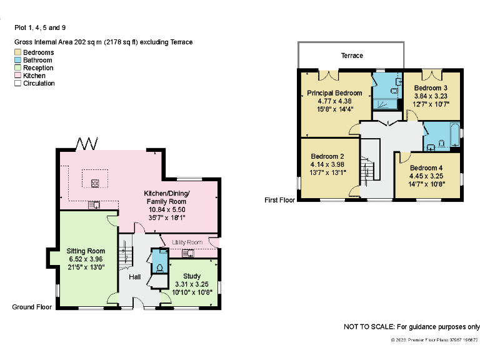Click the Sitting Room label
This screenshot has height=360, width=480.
(86, 251)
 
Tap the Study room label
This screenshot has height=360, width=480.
(192, 276)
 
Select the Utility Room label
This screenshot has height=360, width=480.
(187, 242)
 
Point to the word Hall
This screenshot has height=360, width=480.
(135, 277)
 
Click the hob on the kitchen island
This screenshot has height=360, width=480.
(95, 183)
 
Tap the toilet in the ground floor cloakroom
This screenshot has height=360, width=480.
(160, 267)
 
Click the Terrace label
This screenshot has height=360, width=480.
(352, 56)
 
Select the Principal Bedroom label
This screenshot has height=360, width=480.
(334, 93)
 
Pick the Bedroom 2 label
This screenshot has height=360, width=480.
(328, 156)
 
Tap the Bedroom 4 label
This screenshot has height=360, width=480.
(427, 168)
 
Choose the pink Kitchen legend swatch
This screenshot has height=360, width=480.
(18, 76)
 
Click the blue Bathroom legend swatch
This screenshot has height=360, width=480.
(18, 60)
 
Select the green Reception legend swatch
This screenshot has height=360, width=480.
(18, 68)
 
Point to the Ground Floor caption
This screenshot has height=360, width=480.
(32, 307)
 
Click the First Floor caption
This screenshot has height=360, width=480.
(279, 201)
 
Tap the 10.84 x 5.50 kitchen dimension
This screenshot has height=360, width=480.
(166, 210)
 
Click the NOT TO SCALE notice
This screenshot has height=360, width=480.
(412, 327)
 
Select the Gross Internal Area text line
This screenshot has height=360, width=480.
(104, 42)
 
